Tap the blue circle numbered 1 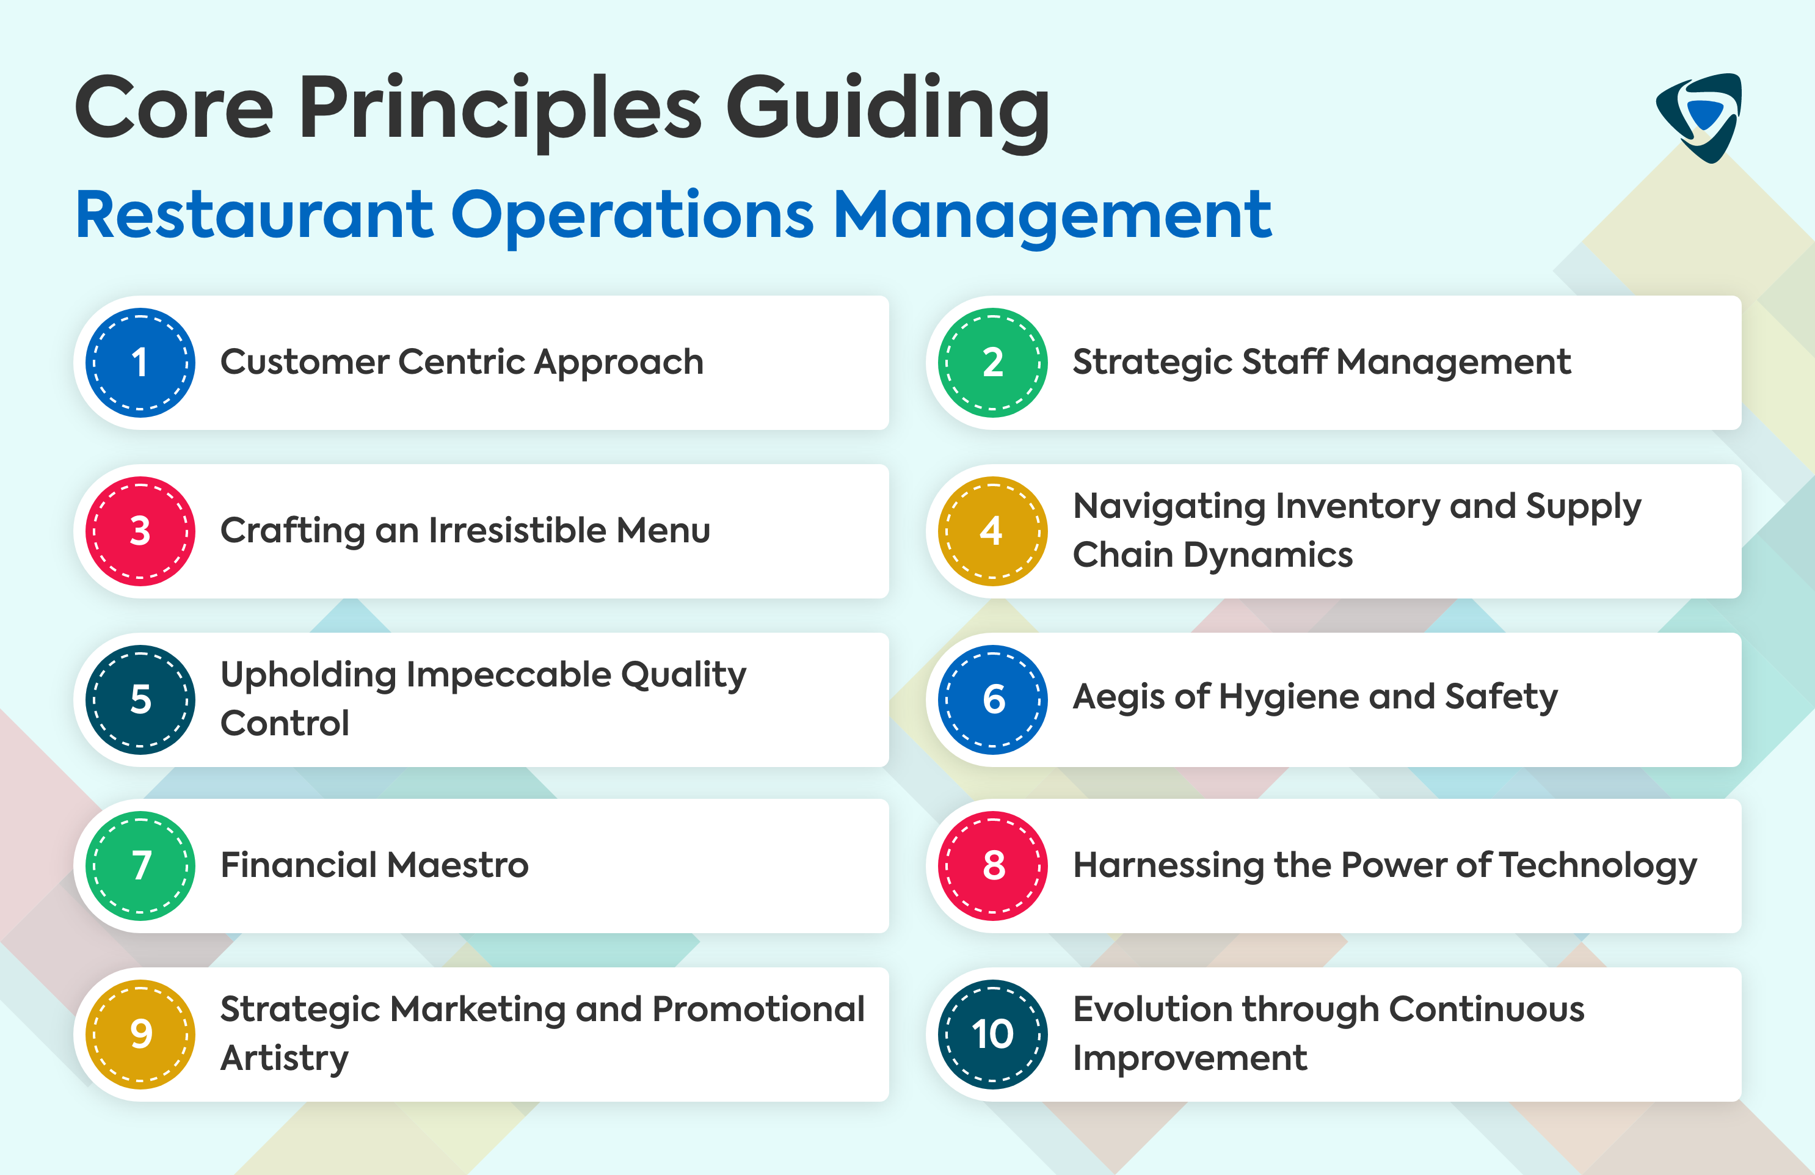140,362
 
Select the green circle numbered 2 992,362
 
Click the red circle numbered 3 140,531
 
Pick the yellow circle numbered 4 992,531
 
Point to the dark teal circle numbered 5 140,699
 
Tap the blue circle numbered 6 992,699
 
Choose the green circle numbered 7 140,865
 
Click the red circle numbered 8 992,865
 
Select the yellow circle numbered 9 140,1034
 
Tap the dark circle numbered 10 992,1034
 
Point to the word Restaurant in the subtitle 255,215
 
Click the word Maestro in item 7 457,865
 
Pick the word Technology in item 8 1598,865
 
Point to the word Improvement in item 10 1190,1058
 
